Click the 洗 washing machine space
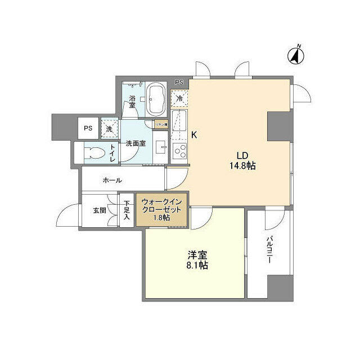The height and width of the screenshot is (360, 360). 109,128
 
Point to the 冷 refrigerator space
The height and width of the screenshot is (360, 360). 180,98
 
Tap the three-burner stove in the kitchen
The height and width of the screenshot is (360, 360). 181,151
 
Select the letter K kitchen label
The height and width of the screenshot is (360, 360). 194,135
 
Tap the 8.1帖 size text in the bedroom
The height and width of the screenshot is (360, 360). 197,265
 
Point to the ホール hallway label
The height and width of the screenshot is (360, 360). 112,181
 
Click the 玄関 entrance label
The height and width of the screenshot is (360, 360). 100,211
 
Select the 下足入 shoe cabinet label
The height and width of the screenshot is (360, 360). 127,210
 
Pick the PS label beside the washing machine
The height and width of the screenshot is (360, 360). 88,128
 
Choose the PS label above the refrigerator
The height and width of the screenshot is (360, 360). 179,83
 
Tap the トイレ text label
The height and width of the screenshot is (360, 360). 112,152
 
